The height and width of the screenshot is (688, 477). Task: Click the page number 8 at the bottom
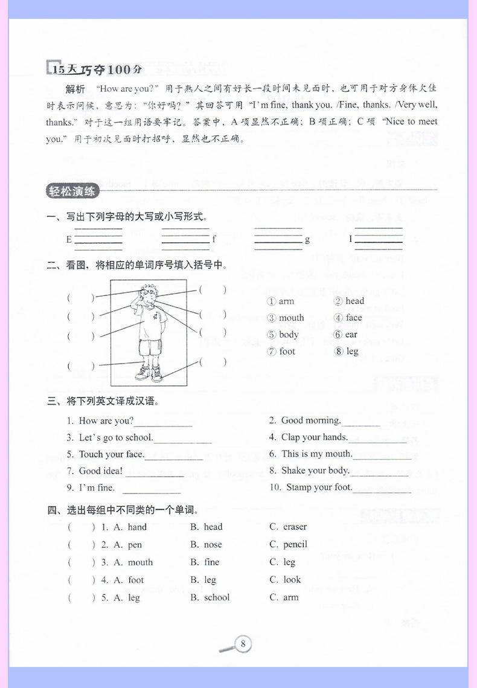[242, 643]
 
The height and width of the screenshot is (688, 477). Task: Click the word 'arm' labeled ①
[287, 301]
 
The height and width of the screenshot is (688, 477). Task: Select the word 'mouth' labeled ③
[292, 318]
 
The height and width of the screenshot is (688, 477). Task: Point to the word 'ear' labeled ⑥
[351, 334]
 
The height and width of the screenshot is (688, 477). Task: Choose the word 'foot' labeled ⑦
[287, 351]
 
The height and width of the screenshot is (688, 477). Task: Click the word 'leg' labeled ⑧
[352, 351]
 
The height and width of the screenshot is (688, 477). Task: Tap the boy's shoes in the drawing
[149, 373]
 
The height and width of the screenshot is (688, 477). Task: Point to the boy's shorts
[149, 346]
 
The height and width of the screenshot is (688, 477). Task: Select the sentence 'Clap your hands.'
[315, 437]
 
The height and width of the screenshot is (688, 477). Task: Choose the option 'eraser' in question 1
[295, 527]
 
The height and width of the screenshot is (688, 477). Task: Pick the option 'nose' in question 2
[213, 544]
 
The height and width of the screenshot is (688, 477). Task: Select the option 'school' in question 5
[217, 597]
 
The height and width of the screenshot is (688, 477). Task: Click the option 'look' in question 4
[292, 579]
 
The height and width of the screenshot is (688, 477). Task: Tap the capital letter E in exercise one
[69, 239]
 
